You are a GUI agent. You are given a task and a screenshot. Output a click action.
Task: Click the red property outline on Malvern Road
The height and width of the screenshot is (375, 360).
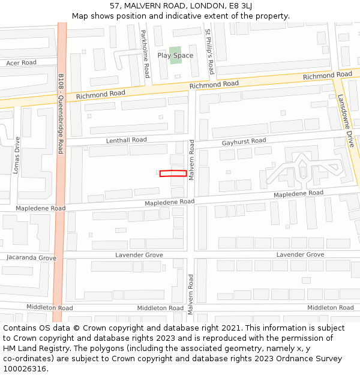[x=173, y=173]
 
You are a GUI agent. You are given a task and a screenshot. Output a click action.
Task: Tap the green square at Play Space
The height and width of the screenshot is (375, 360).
[x=175, y=55]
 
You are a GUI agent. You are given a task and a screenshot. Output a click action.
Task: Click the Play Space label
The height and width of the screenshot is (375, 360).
[x=175, y=55]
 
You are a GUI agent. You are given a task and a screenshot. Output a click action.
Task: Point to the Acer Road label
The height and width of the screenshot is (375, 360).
[x=21, y=62]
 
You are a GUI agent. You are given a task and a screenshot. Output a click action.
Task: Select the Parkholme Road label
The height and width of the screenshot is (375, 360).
[x=145, y=54]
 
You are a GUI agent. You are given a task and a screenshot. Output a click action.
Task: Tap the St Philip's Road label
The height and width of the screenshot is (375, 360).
[x=209, y=52]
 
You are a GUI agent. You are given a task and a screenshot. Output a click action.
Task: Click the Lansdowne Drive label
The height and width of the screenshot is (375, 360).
[x=346, y=121]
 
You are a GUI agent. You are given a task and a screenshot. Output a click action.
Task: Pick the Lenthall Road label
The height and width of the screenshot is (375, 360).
[x=126, y=140]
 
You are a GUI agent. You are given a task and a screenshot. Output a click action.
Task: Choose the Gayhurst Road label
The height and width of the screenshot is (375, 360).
[x=244, y=141]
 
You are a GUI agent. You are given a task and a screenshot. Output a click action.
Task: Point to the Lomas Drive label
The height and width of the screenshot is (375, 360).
[x=17, y=155]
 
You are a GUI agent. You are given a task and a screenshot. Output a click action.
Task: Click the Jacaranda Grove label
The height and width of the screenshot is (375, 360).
[x=31, y=257]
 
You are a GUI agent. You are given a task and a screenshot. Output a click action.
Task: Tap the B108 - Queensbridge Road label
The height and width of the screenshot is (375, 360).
[x=61, y=114]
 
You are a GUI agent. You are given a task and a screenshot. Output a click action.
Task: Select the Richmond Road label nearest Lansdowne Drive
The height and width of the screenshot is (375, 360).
[x=327, y=76]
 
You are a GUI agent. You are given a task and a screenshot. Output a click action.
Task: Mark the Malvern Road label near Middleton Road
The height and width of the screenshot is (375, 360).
[x=190, y=294]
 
